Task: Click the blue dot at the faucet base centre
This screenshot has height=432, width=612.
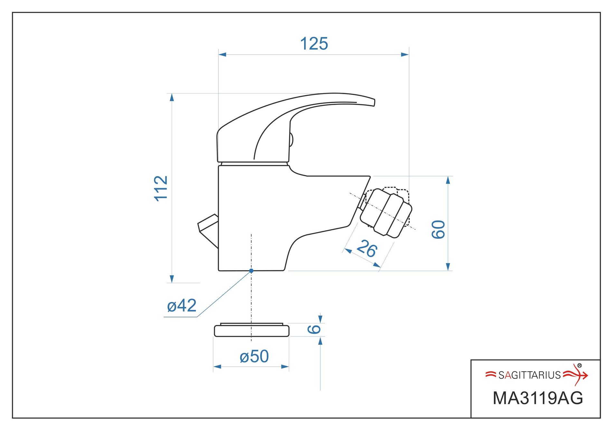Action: tap(251, 271)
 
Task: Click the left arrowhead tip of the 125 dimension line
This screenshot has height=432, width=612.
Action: tap(218, 54)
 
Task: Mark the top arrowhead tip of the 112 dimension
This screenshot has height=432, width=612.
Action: tap(172, 93)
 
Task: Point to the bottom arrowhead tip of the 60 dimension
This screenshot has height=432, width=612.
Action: tap(448, 271)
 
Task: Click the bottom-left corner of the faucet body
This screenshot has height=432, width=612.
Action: tap(219, 270)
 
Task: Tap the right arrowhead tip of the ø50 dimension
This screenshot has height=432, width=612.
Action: tap(289, 367)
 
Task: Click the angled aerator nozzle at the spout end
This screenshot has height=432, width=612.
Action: tap(386, 213)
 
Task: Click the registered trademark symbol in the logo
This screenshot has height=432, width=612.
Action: tap(579, 366)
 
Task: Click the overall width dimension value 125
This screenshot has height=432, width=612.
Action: tap(314, 44)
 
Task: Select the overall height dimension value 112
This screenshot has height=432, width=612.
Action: tap(161, 188)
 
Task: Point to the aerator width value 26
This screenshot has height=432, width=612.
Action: tap(367, 248)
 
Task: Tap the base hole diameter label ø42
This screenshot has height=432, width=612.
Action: tap(182, 305)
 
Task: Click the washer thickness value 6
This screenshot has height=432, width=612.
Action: tap(314, 329)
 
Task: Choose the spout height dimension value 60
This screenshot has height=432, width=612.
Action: tap(438, 229)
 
